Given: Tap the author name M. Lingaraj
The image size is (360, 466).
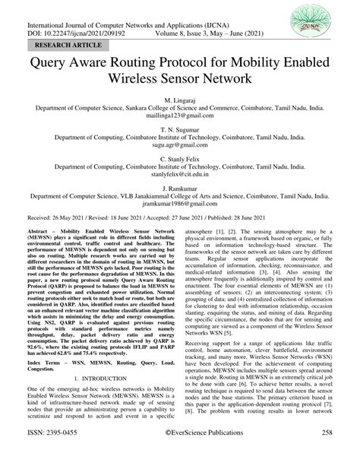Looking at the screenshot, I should (x=180, y=100).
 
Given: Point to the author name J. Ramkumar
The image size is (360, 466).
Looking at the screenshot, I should (x=180, y=186).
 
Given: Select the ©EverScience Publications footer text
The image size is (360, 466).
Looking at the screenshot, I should (x=180, y=454).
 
